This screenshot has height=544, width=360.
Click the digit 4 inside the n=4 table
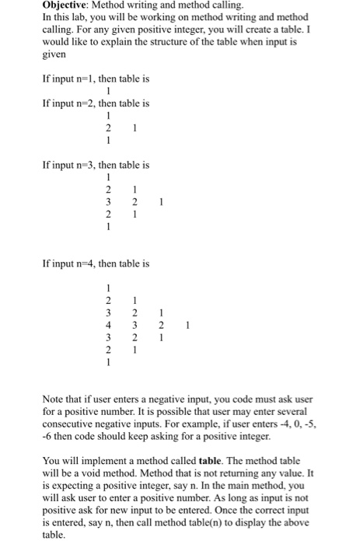[x=110, y=325]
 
